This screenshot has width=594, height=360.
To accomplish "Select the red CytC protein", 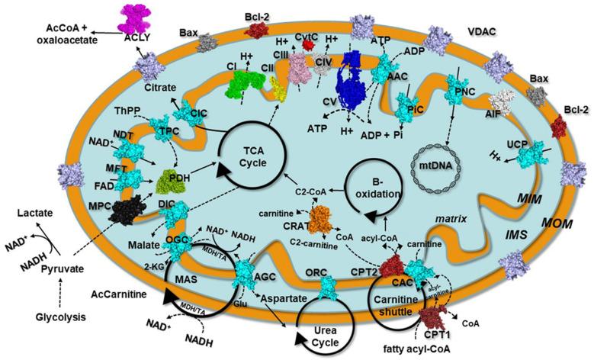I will [x=309, y=45].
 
